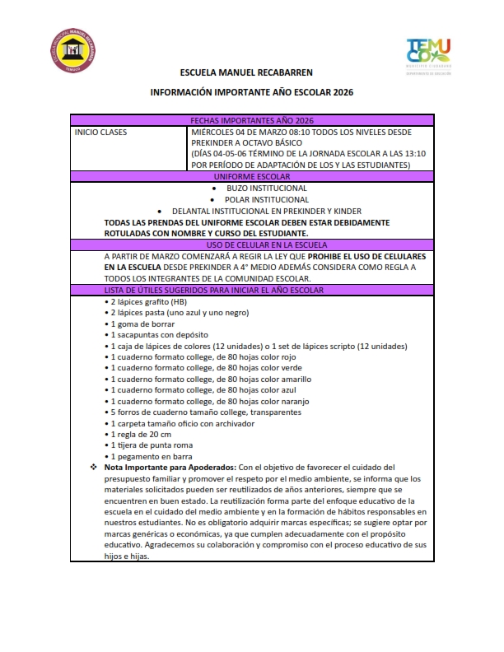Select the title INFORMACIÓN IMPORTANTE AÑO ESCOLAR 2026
[251, 94]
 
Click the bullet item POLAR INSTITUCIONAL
[267, 199]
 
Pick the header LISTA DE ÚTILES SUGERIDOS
[213, 291]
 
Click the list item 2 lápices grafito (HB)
[149, 302]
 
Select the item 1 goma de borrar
[142, 324]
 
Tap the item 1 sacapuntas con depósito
[157, 335]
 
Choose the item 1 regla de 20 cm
[140, 435]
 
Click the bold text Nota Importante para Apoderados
[170, 468]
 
